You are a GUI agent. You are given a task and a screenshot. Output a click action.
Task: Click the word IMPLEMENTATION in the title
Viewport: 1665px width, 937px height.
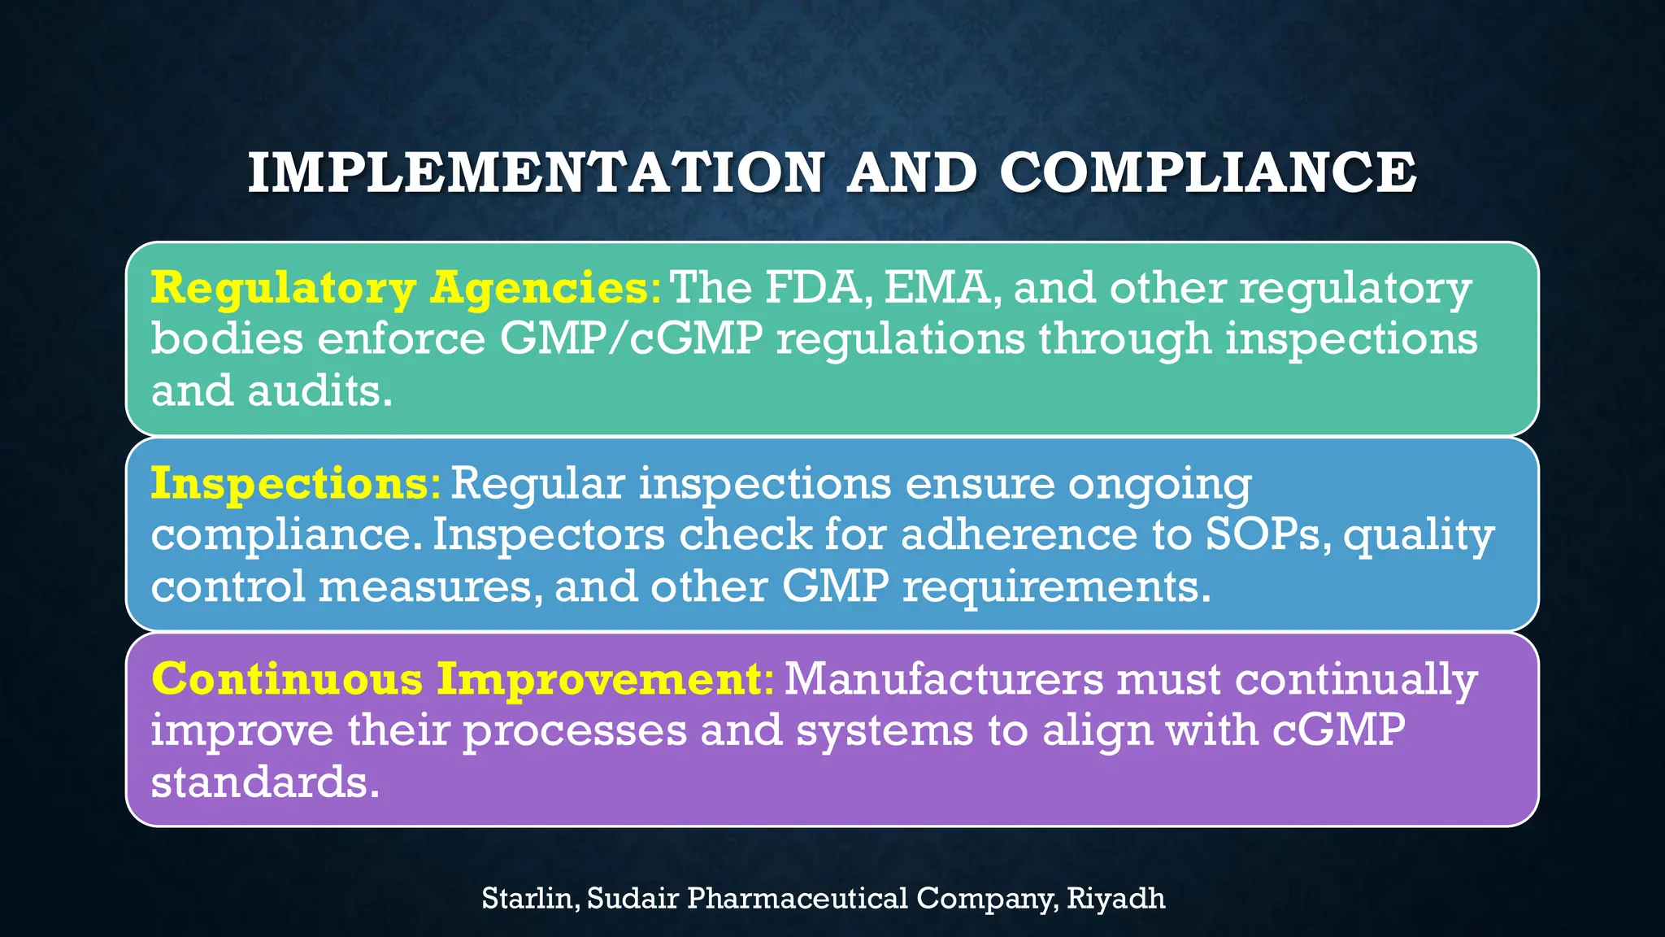(537, 172)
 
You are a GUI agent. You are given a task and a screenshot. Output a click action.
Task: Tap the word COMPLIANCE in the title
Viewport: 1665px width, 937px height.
(1208, 172)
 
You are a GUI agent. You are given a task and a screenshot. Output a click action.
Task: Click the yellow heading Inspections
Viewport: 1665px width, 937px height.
(289, 483)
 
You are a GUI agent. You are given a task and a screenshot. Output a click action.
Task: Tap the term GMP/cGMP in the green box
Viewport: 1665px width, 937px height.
(630, 339)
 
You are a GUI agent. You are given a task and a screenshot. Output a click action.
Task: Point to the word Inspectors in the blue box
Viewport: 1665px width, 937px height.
(548, 535)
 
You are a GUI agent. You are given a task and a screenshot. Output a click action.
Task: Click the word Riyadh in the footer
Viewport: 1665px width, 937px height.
(1115, 899)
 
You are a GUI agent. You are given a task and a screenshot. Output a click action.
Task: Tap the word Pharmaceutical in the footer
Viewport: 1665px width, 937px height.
(797, 899)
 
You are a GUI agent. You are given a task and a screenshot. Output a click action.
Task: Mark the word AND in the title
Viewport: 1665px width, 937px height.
(911, 172)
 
